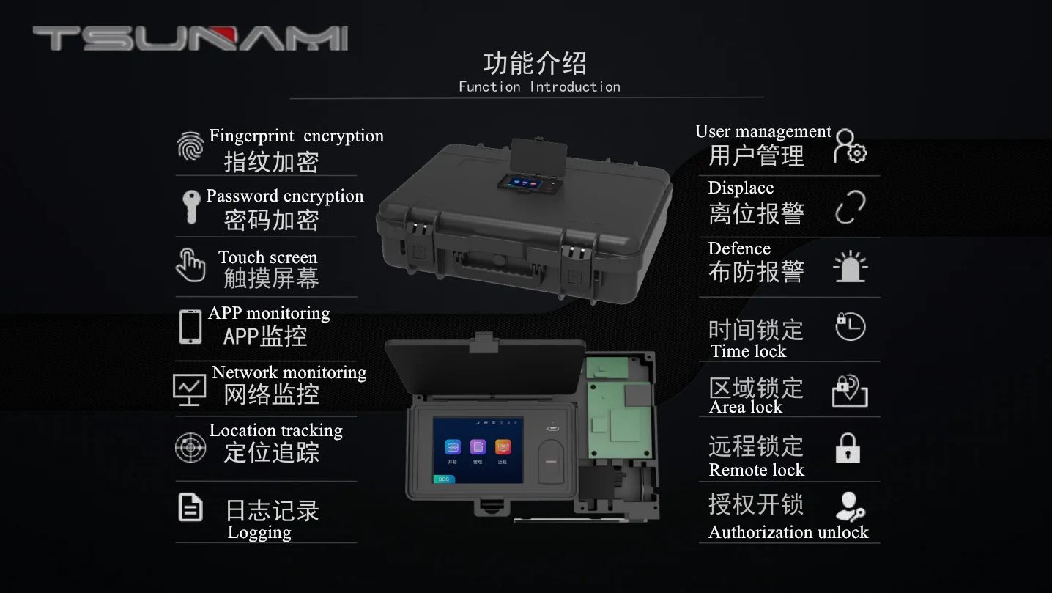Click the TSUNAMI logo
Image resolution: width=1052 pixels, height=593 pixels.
190,38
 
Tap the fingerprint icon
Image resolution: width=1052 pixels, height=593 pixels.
190,145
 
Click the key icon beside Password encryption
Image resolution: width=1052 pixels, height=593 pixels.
191,207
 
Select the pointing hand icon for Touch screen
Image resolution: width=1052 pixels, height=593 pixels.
190,265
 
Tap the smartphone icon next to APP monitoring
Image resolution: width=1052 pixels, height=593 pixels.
190,327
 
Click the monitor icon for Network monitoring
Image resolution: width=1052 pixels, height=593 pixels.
189,389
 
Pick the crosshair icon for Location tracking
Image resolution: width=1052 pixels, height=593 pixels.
190,447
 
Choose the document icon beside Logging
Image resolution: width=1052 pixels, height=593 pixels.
190,507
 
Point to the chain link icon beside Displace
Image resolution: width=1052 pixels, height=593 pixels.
851,207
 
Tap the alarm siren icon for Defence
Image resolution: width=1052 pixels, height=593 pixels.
851,267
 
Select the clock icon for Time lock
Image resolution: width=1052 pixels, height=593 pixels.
851,326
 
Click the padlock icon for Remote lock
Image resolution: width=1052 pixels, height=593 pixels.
848,449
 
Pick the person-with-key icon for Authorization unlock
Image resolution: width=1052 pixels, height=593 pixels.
850,507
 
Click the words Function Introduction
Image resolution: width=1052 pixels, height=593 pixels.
540,87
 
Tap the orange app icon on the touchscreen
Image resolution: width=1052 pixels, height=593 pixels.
503,447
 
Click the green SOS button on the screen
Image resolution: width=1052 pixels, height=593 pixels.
444,479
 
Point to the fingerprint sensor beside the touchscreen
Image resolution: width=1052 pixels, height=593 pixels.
551,461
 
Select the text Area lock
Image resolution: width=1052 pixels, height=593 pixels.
746,407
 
